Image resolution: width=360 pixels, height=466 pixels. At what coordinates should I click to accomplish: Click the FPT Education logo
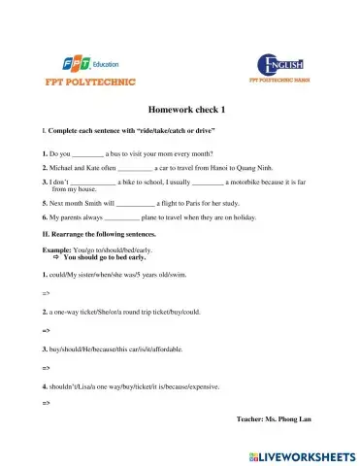tap(68, 64)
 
